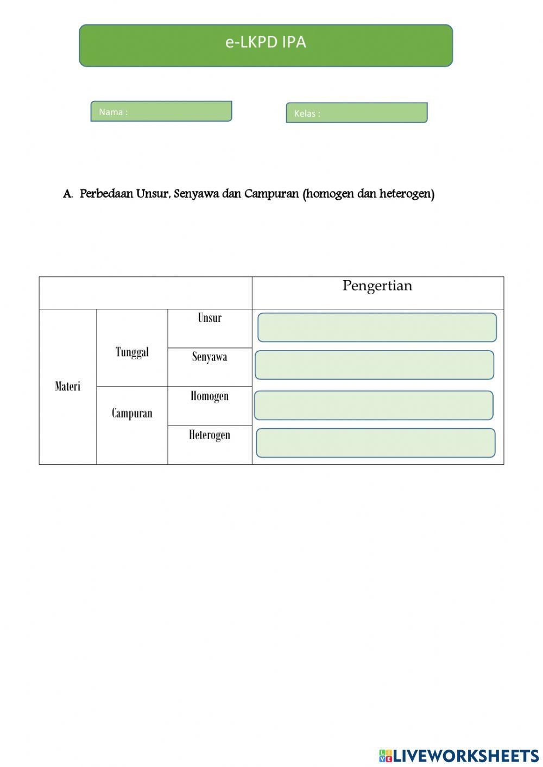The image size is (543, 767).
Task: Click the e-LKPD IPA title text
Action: (x=266, y=42)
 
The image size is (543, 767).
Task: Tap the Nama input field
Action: (x=161, y=111)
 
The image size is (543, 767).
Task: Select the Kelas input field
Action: (x=357, y=113)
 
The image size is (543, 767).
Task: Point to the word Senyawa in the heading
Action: (x=196, y=194)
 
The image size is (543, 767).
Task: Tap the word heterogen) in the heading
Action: (x=407, y=194)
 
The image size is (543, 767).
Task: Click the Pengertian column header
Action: (x=377, y=286)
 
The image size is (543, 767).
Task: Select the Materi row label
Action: (x=67, y=386)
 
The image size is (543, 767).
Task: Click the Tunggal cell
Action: (x=132, y=352)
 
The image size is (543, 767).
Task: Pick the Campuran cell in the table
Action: (x=132, y=414)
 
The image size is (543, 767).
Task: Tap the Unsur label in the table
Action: (x=210, y=318)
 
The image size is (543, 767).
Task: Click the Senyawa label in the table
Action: (x=210, y=357)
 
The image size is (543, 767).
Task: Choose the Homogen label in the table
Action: (x=210, y=396)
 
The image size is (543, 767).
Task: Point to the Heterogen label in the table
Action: (x=210, y=435)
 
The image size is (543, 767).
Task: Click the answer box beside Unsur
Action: (x=377, y=327)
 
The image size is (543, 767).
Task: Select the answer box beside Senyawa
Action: (x=374, y=365)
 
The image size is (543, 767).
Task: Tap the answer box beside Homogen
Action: (x=374, y=405)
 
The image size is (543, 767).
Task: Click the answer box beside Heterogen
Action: (x=375, y=443)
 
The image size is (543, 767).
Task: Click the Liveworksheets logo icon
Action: (x=386, y=756)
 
